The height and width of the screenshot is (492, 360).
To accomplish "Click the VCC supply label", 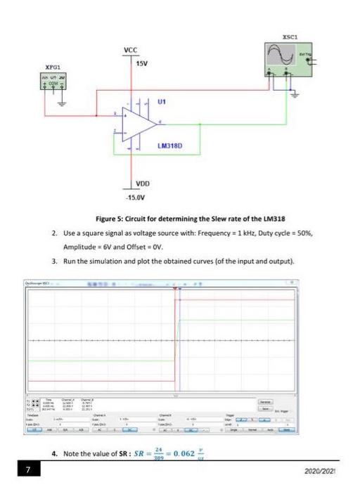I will point(130,50).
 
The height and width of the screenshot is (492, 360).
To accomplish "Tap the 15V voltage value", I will point(142,64).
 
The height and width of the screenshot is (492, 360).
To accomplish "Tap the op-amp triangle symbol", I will point(139,124).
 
